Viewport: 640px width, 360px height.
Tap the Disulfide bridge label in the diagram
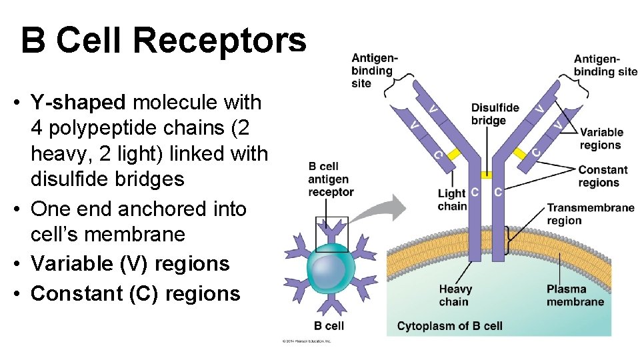(495, 114)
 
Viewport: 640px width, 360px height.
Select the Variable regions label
(601, 139)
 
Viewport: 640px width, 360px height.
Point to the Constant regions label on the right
(603, 177)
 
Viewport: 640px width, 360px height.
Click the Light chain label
(451, 199)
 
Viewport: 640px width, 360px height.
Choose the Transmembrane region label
(590, 214)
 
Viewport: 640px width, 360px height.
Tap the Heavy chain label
(455, 295)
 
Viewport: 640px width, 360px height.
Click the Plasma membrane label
(575, 295)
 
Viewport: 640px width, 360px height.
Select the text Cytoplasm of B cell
(449, 326)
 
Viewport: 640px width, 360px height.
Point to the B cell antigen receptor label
(330, 179)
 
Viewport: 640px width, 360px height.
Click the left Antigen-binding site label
(374, 71)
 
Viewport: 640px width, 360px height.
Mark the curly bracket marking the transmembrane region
(510, 240)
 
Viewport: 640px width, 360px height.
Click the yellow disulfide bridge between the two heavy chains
(487, 175)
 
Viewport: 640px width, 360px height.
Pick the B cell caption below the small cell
(329, 326)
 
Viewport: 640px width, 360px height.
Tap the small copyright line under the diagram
(306, 341)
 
